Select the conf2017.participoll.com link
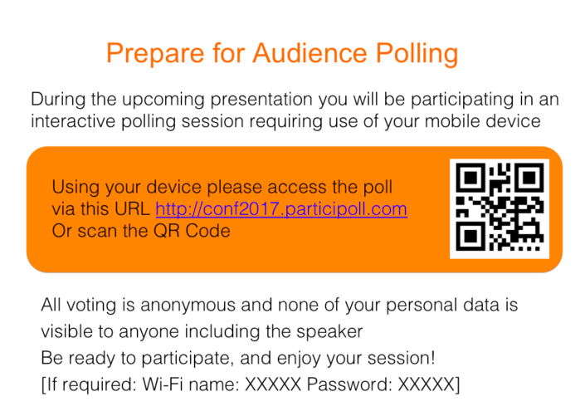click(x=281, y=209)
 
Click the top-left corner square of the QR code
click(x=471, y=177)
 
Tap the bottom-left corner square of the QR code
click(x=471, y=235)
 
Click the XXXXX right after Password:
click(x=427, y=385)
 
